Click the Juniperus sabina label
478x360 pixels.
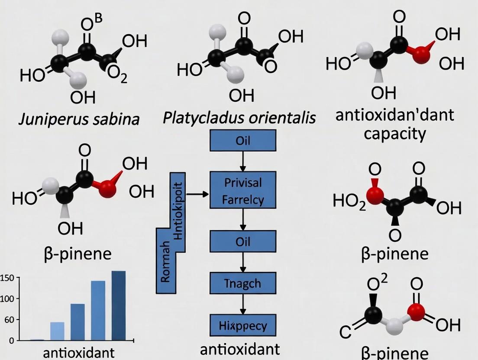(79, 119)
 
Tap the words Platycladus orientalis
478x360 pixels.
(239, 118)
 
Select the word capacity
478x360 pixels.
(394, 133)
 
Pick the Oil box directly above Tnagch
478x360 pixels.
(242, 241)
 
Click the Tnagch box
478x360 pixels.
(242, 283)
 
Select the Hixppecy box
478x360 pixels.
(242, 325)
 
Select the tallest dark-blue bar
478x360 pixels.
(118, 305)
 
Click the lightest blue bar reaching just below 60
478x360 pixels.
(57, 331)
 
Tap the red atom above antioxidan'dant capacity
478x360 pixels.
(421, 55)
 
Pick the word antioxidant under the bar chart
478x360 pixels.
(79, 352)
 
